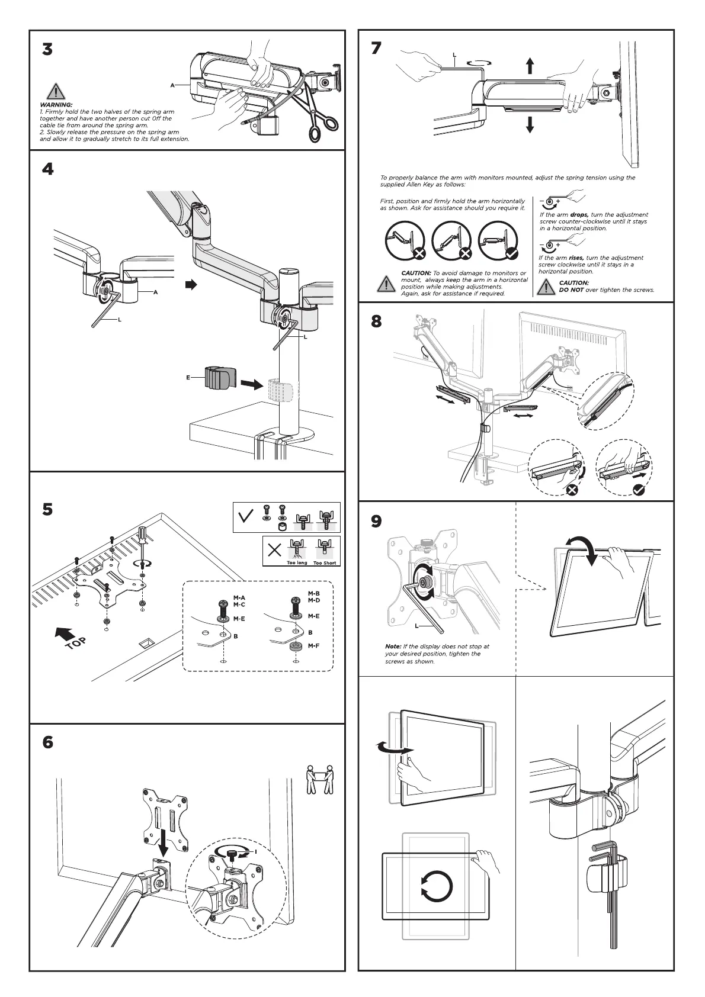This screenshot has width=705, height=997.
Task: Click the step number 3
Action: coord(47,50)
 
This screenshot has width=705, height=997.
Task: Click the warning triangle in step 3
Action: coord(55,92)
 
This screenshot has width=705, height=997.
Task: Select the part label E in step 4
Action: coord(188,377)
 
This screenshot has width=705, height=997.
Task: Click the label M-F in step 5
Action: coord(314,646)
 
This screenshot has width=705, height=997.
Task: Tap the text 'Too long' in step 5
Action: coord(297,563)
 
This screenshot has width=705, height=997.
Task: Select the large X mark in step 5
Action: coord(274,551)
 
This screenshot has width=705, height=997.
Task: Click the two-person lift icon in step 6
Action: coord(321,780)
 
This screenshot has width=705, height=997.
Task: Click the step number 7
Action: coord(376,48)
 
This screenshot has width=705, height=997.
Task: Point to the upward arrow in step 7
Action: coord(530,65)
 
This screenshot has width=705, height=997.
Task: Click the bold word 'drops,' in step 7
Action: coord(579,215)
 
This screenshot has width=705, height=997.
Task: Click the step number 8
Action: coord(376,321)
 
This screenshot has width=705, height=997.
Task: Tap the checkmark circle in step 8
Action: coord(640,489)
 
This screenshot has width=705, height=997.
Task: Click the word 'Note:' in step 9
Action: coord(393,647)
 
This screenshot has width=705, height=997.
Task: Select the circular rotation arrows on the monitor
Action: coord(437,886)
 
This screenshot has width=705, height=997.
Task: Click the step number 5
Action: coord(47,509)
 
